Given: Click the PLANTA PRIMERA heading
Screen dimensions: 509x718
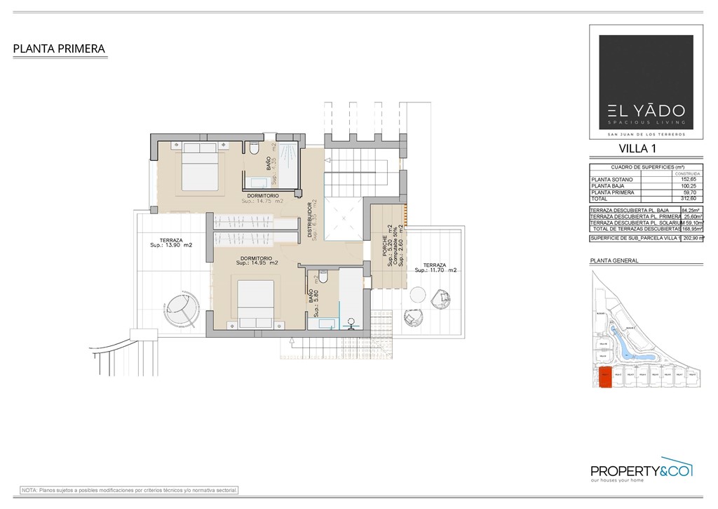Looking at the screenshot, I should tap(59, 49).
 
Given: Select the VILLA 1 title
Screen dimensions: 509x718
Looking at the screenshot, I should tap(637, 148).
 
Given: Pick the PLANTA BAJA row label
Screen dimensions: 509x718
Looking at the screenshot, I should tap(607, 186).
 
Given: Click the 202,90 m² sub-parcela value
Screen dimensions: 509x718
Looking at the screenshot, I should tap(693, 238).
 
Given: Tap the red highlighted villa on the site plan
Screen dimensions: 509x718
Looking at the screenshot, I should tap(604, 378).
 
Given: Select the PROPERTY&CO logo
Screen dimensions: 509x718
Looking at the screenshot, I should tap(642, 471).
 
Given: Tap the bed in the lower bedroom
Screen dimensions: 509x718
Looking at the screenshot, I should tap(255, 303).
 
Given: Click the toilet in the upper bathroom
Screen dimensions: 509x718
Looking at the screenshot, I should tap(254, 148).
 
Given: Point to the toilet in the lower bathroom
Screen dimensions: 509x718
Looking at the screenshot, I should tap(323, 277).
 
